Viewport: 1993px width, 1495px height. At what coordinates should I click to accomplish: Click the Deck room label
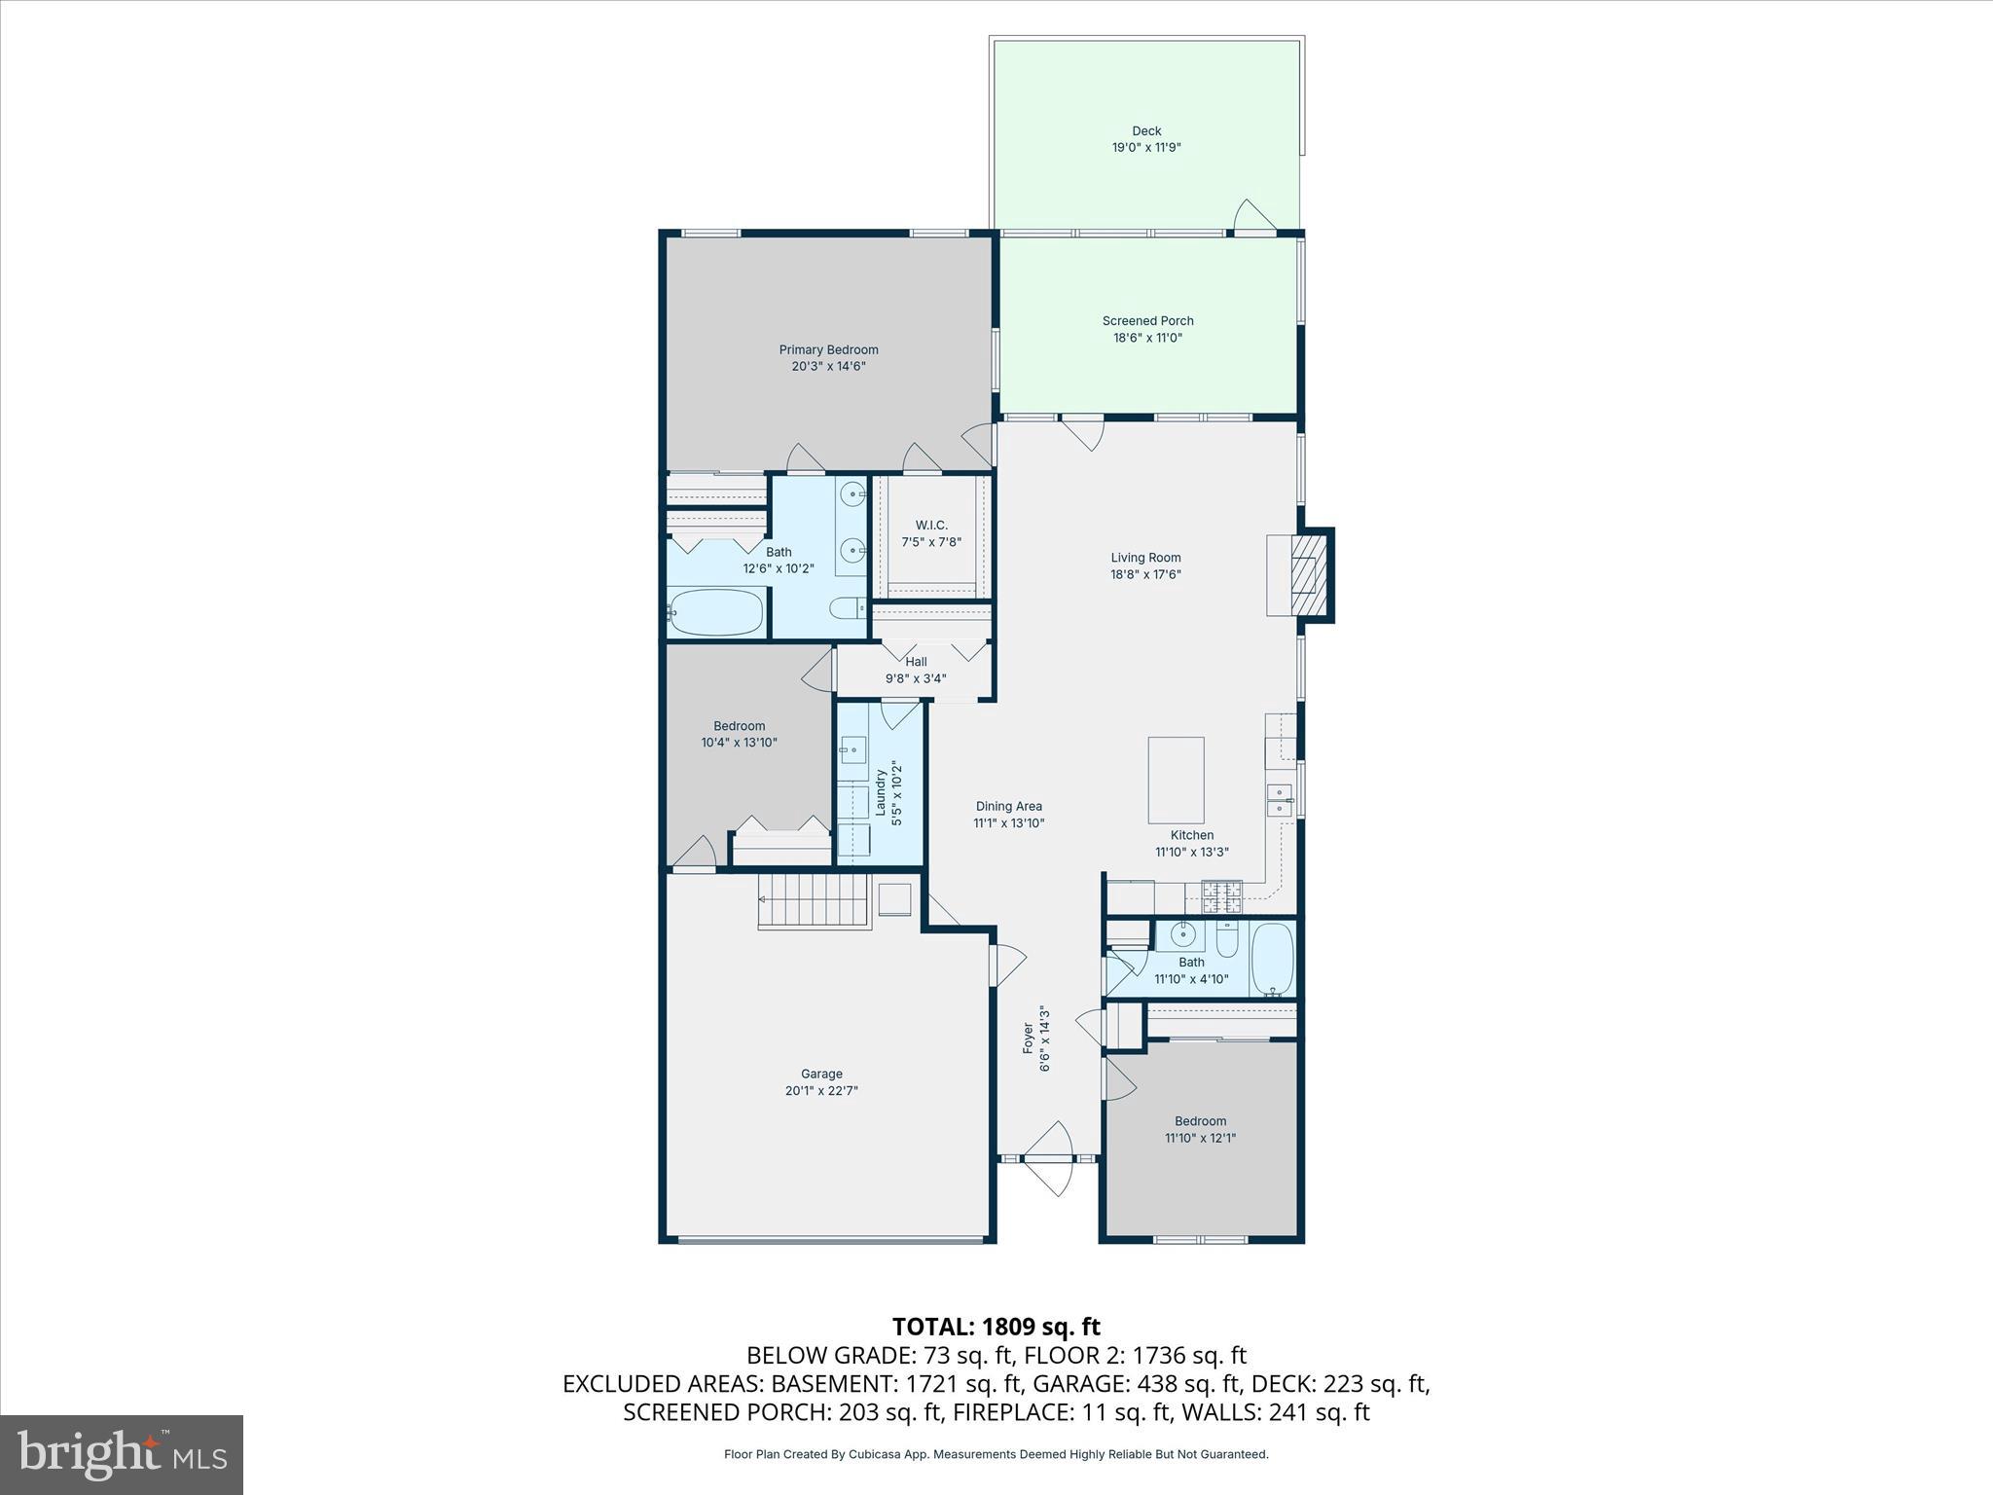coord(1146,130)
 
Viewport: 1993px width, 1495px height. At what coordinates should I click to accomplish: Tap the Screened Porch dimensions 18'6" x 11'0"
coord(1147,338)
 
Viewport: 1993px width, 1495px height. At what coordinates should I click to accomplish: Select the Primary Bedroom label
coord(828,349)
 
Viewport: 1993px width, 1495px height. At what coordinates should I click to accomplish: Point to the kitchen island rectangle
coord(1176,780)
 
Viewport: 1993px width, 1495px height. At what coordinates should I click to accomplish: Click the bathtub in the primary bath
coord(717,612)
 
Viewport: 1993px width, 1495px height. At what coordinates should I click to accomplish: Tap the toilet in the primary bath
coord(847,608)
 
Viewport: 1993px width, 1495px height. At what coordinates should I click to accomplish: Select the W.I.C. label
coord(931,525)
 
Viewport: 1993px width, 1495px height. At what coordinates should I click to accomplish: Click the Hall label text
coord(916,662)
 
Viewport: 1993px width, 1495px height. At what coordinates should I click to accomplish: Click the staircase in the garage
coord(814,900)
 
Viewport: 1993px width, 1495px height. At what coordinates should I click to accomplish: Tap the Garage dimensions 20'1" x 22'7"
coord(821,1091)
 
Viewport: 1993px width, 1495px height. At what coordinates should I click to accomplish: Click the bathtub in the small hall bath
coord(1272,959)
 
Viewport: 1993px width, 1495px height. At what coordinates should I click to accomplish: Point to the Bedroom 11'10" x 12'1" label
coord(1200,1121)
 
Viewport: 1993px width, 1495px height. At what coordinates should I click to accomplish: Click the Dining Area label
coord(1009,806)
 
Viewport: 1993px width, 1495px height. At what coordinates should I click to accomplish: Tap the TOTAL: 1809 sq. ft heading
coord(996,1327)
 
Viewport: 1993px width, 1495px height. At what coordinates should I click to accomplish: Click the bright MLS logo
coord(122,1454)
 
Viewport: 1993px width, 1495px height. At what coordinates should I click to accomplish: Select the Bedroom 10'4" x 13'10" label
coord(739,726)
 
